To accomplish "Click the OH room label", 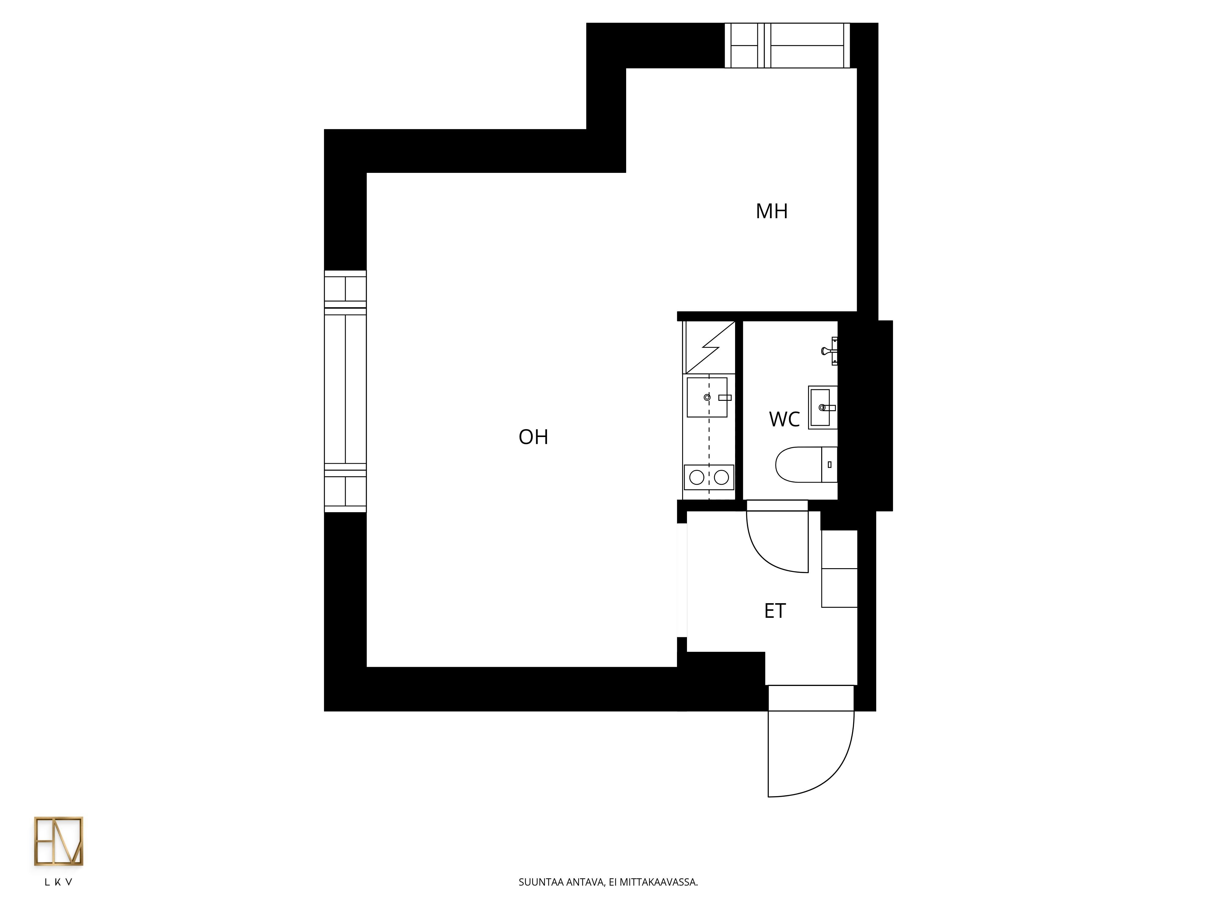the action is point(533,437).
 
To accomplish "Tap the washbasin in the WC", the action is point(822,407).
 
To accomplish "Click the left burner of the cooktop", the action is point(696,477).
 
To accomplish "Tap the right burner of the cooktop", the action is point(721,477).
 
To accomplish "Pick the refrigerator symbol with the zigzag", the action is point(709,347).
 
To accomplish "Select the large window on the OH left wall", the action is point(345,391).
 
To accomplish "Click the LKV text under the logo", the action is point(59,882).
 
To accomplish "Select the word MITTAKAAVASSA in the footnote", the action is point(659,882).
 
